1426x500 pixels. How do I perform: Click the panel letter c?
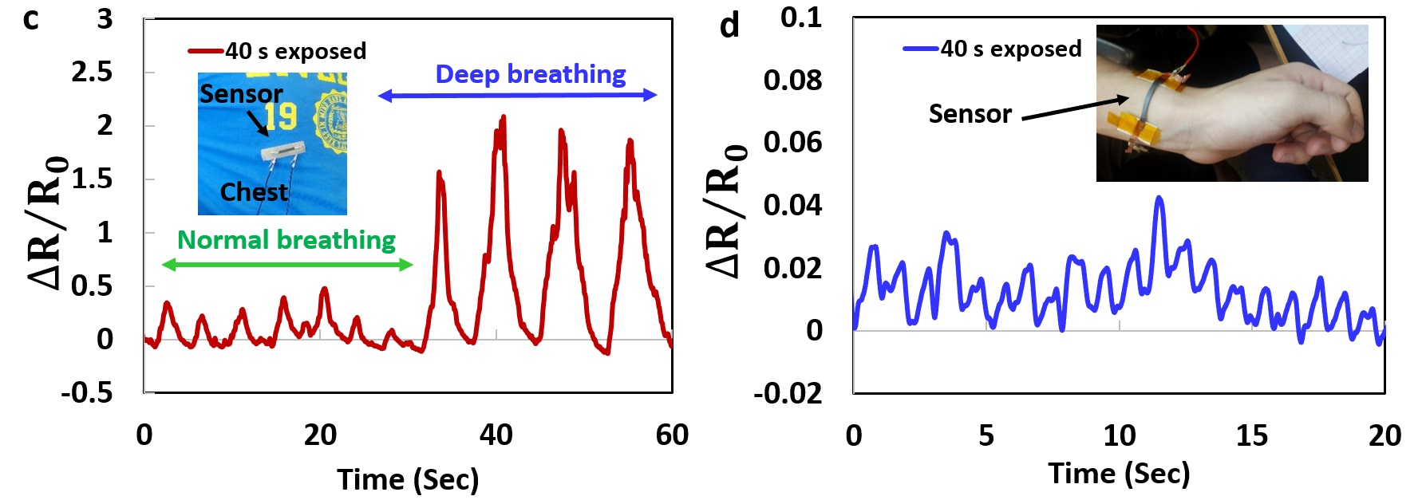point(31,19)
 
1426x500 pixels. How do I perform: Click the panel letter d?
point(729,26)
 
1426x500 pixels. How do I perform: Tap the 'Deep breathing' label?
point(530,74)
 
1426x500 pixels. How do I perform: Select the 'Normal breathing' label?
point(286,240)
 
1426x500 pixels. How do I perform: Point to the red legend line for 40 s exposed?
point(205,51)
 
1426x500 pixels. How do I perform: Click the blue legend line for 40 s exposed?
point(920,49)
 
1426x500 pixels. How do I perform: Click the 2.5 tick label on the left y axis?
point(92,73)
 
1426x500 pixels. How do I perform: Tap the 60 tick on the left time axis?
point(672,435)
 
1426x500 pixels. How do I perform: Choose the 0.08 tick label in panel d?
point(792,80)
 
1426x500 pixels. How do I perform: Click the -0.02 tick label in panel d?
point(788,393)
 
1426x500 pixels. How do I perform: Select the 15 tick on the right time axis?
point(1251,435)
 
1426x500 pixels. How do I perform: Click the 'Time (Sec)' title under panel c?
point(408,480)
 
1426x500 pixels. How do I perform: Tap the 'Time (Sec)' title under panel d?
point(1119,474)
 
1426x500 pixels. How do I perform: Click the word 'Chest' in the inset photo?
point(254,192)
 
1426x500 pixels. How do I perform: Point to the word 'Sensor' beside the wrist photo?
point(970,114)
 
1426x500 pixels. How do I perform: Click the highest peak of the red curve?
point(503,117)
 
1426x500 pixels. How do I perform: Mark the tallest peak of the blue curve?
point(1159,198)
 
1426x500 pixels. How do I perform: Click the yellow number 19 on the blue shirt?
point(281,118)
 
